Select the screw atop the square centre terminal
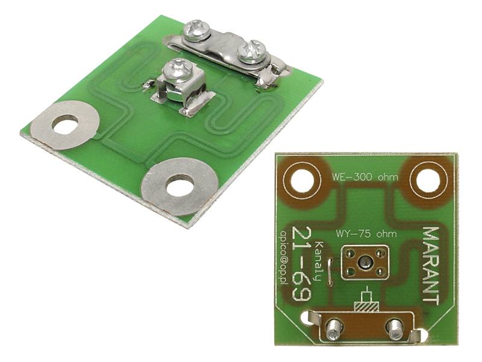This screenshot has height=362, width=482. point(175,69)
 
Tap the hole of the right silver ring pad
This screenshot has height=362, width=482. point(180,186)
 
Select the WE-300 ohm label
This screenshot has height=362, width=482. point(365,177)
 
